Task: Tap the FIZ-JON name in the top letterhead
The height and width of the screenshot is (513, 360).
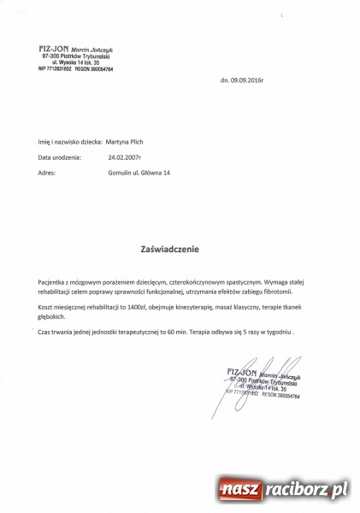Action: point(51,47)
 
